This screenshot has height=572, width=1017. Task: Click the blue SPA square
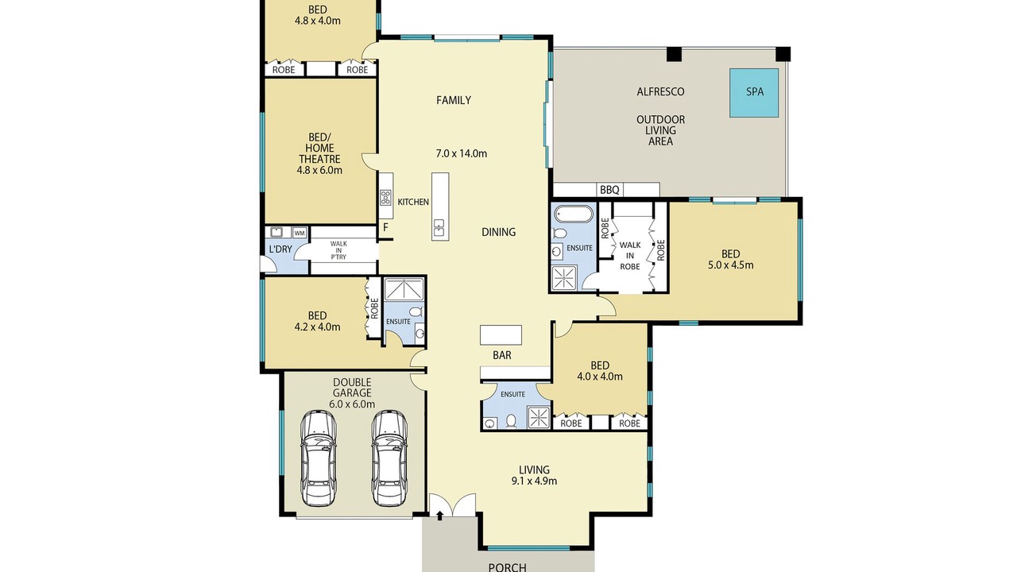pos(754,93)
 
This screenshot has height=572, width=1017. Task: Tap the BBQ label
pos(609,190)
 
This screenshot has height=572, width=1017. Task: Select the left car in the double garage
pos(319,458)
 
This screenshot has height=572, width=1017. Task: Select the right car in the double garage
pos(389,458)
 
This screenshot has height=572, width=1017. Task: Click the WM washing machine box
pos(300,233)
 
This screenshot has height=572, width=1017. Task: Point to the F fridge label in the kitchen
pos(385,227)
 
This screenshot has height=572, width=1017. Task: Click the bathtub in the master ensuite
pos(574,214)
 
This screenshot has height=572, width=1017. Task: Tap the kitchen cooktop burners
pos(385,197)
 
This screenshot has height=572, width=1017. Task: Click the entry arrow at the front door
pos(439,516)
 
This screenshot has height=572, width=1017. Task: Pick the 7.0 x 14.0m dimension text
pos(462,153)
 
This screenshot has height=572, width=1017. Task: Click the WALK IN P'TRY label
pos(338,250)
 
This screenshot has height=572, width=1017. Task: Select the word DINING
pos(498,232)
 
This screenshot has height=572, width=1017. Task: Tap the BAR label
pos(502,355)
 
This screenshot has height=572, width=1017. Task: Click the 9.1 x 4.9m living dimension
pos(534,481)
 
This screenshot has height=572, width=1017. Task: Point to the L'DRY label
pos(280,249)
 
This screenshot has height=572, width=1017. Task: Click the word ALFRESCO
pos(660,91)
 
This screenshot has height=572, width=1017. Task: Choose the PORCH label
pos(508,567)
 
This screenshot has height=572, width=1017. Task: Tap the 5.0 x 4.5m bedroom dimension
pos(730,265)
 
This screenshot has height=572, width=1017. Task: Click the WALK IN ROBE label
pos(630,256)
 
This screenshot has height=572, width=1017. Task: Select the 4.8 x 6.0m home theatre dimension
pos(319,170)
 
